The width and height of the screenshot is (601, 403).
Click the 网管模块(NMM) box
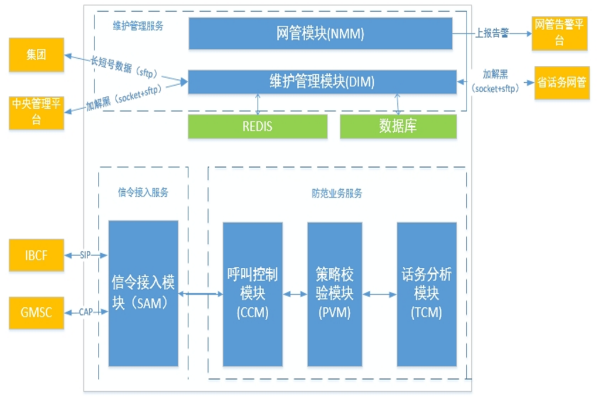coord(320,33)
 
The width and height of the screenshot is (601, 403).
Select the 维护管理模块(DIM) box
coord(322,82)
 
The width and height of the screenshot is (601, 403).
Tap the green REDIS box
coord(257,126)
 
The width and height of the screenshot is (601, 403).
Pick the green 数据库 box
coord(398,126)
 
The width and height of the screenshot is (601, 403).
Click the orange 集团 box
coord(36,55)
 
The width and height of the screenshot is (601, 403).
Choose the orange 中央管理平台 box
coord(36,112)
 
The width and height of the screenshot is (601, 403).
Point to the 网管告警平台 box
coord(559,33)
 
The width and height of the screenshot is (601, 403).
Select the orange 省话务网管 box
coord(562,82)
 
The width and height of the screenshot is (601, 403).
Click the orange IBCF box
coord(36,256)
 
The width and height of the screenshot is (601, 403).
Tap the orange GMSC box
coord(36,312)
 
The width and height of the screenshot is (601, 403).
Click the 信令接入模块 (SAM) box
coord(143,293)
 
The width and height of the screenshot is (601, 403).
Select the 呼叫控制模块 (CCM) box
coord(252,293)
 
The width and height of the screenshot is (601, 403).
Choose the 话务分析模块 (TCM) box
coord(427,293)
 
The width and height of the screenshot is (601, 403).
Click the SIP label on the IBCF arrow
coord(86,256)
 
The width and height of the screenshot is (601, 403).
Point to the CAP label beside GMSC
coord(86,312)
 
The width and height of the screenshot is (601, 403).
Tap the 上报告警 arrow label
coord(492,34)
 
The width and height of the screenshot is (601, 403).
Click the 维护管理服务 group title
coord(138,26)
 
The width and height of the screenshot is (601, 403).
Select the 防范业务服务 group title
coord(336,193)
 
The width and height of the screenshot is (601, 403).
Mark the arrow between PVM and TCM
coord(380,294)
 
